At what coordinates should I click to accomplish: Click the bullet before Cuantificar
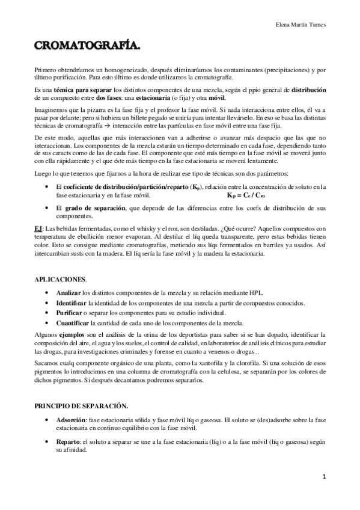coord(47,324)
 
